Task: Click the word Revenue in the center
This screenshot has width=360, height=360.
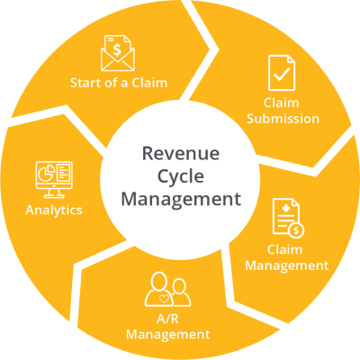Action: pyautogui.click(x=181, y=153)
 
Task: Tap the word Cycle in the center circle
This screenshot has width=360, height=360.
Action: pyautogui.click(x=181, y=177)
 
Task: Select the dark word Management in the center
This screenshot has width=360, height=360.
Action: pyautogui.click(x=181, y=199)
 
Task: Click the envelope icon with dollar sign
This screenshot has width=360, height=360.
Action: pyautogui.click(x=118, y=53)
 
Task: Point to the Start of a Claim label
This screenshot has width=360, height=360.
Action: pyautogui.click(x=119, y=83)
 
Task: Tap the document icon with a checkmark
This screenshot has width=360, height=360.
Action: pyautogui.click(x=282, y=73)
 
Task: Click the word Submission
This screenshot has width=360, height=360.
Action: pyautogui.click(x=283, y=119)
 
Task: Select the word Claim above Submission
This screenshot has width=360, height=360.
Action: pyautogui.click(x=282, y=103)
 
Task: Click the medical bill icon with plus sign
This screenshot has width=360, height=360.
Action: pyautogui.click(x=288, y=218)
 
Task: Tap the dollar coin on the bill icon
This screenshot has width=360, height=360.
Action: pyautogui.click(x=296, y=230)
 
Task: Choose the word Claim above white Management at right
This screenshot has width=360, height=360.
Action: pyautogui.click(x=284, y=249)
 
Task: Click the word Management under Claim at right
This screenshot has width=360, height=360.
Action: pyautogui.click(x=287, y=265)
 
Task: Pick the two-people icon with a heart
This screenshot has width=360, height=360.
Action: pyautogui.click(x=167, y=289)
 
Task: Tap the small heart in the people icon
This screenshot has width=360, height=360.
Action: pyautogui.click(x=164, y=299)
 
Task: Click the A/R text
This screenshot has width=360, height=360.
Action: pyautogui.click(x=167, y=319)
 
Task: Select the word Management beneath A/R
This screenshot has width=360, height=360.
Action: pyautogui.click(x=168, y=335)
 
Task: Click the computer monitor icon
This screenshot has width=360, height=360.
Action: pyautogui.click(x=54, y=180)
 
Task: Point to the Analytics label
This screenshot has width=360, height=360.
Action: pyautogui.click(x=54, y=210)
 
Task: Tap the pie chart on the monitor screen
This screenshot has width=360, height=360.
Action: pyautogui.click(x=46, y=173)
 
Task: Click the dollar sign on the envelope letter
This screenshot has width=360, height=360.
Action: pyautogui.click(x=117, y=49)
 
